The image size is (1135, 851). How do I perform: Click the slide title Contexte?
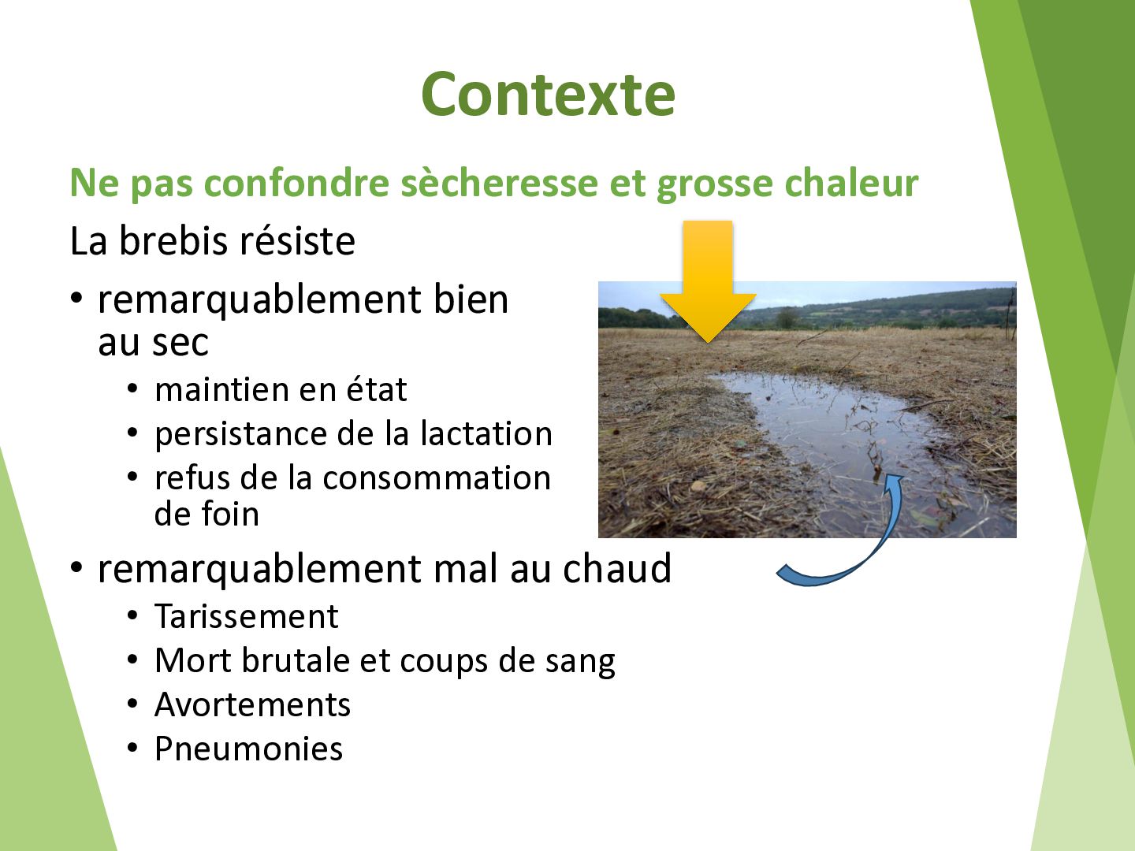click(x=548, y=95)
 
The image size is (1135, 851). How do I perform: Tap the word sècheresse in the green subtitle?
click(x=500, y=183)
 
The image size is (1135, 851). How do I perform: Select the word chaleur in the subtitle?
click(x=851, y=183)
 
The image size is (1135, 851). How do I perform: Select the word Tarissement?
click(x=246, y=616)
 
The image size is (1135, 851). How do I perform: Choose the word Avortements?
click(x=252, y=704)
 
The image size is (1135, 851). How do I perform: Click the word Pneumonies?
click(x=249, y=749)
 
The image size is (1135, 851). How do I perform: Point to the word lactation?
click(x=486, y=433)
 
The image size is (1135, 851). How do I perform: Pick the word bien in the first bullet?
click(x=471, y=299)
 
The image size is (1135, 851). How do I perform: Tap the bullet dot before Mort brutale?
click(x=133, y=661)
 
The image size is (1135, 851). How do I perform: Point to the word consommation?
click(x=437, y=478)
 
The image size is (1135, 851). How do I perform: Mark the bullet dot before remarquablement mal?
click(x=76, y=568)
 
